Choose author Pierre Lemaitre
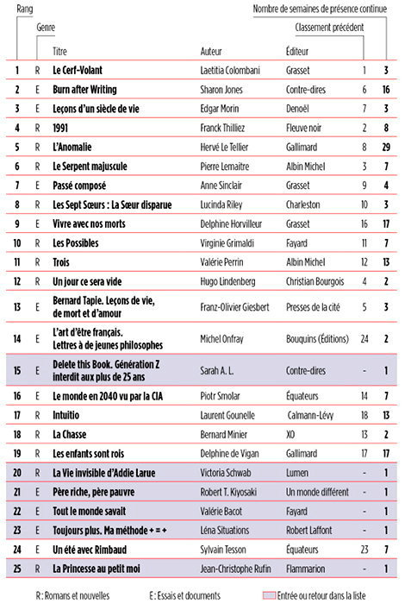click(x=227, y=167)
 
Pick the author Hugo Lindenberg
click(x=228, y=281)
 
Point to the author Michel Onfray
click(x=222, y=339)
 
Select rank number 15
click(x=16, y=372)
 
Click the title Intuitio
click(x=70, y=415)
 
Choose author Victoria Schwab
click(x=227, y=473)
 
